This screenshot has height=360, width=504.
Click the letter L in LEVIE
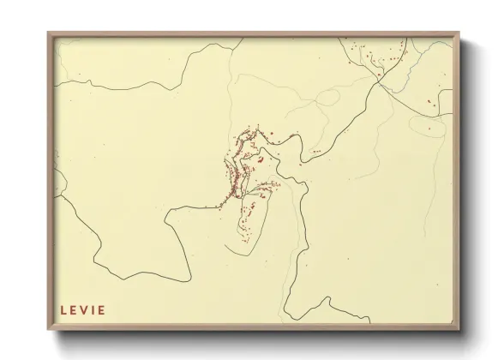tap(63, 310)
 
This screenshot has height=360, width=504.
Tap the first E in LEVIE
tap(74, 310)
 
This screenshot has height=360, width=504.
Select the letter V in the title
tap(84, 310)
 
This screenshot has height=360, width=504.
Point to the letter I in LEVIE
tap(93, 310)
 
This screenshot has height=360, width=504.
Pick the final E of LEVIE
tap(101, 310)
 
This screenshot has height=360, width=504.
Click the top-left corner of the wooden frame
tap(49, 33)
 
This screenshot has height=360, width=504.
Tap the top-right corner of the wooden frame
tap(459, 33)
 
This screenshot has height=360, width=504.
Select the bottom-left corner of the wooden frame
tap(49, 330)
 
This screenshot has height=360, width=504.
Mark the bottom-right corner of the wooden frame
tap(459, 330)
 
